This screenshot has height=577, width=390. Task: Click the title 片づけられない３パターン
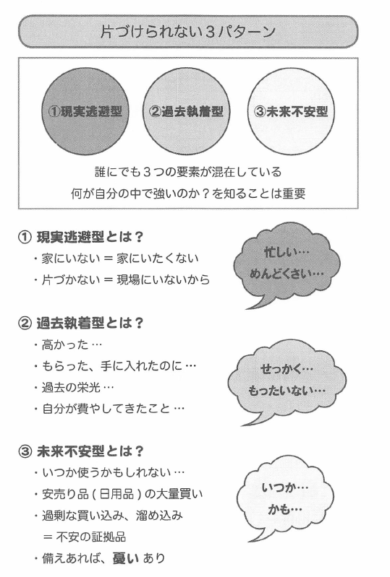click(188, 32)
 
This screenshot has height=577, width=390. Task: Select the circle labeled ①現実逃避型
click(85, 111)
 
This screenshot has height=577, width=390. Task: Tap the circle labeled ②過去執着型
click(186, 111)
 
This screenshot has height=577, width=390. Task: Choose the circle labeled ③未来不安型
click(291, 111)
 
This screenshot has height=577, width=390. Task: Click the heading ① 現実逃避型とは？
click(80, 237)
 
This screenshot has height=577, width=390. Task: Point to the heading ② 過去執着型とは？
click(80, 323)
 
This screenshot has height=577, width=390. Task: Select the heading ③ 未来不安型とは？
click(80, 451)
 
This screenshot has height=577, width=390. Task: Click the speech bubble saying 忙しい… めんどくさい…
click(286, 264)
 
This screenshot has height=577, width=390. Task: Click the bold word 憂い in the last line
click(125, 558)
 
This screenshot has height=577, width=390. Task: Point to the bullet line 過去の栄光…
click(75, 388)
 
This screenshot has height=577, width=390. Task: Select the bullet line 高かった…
click(68, 344)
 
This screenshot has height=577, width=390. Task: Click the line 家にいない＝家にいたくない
click(116, 259)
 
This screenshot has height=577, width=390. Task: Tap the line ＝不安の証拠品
click(85, 537)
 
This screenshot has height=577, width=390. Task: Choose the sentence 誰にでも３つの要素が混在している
click(188, 172)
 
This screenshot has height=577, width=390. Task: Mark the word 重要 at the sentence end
click(294, 194)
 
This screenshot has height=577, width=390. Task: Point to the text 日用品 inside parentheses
click(116, 494)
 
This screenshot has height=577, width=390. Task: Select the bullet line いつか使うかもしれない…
click(109, 472)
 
